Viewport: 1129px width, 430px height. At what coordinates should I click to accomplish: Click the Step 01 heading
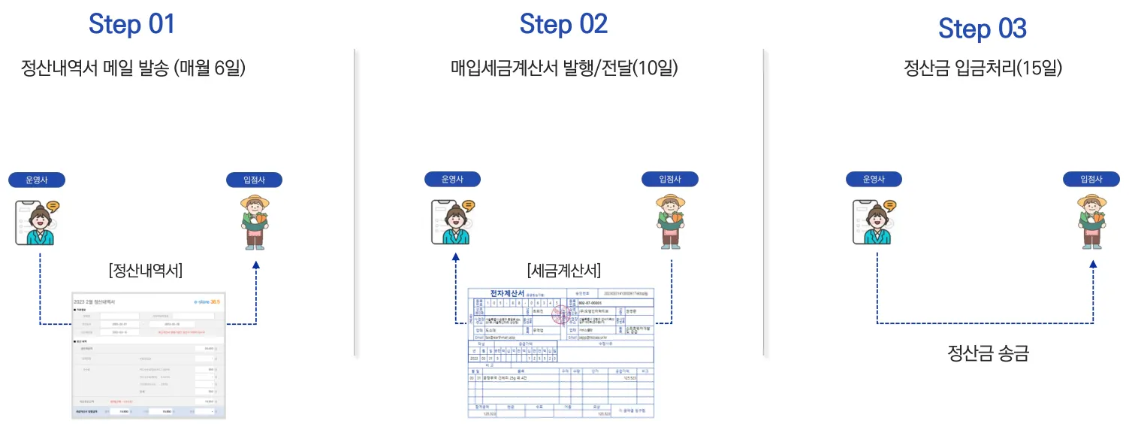[131, 24]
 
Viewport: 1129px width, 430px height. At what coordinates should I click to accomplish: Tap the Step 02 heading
[563, 24]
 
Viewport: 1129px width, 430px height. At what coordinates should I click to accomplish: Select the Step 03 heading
[982, 29]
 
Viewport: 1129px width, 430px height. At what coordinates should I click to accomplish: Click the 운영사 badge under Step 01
[37, 180]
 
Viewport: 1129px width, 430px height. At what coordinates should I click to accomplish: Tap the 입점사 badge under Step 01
[255, 180]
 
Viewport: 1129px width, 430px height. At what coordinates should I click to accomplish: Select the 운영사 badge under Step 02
[452, 180]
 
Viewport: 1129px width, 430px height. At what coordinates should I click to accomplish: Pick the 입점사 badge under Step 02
[669, 179]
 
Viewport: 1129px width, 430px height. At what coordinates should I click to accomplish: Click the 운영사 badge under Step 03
[874, 179]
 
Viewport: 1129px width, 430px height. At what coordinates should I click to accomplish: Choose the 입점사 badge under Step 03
[1091, 179]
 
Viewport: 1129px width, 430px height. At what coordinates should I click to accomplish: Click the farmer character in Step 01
[255, 223]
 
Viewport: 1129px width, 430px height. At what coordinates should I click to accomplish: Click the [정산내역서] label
[146, 270]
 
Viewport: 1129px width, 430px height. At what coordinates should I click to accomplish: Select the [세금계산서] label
[564, 270]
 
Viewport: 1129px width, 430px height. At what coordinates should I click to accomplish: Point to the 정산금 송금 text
[987, 353]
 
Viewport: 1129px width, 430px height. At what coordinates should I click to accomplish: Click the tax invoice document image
[561, 352]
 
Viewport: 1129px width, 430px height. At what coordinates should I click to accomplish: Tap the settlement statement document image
[148, 355]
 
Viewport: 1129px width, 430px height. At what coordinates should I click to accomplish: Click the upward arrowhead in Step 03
[1093, 264]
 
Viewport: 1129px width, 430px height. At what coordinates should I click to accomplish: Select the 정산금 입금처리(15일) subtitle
[983, 68]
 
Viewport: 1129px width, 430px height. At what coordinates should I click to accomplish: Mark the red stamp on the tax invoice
[560, 315]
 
